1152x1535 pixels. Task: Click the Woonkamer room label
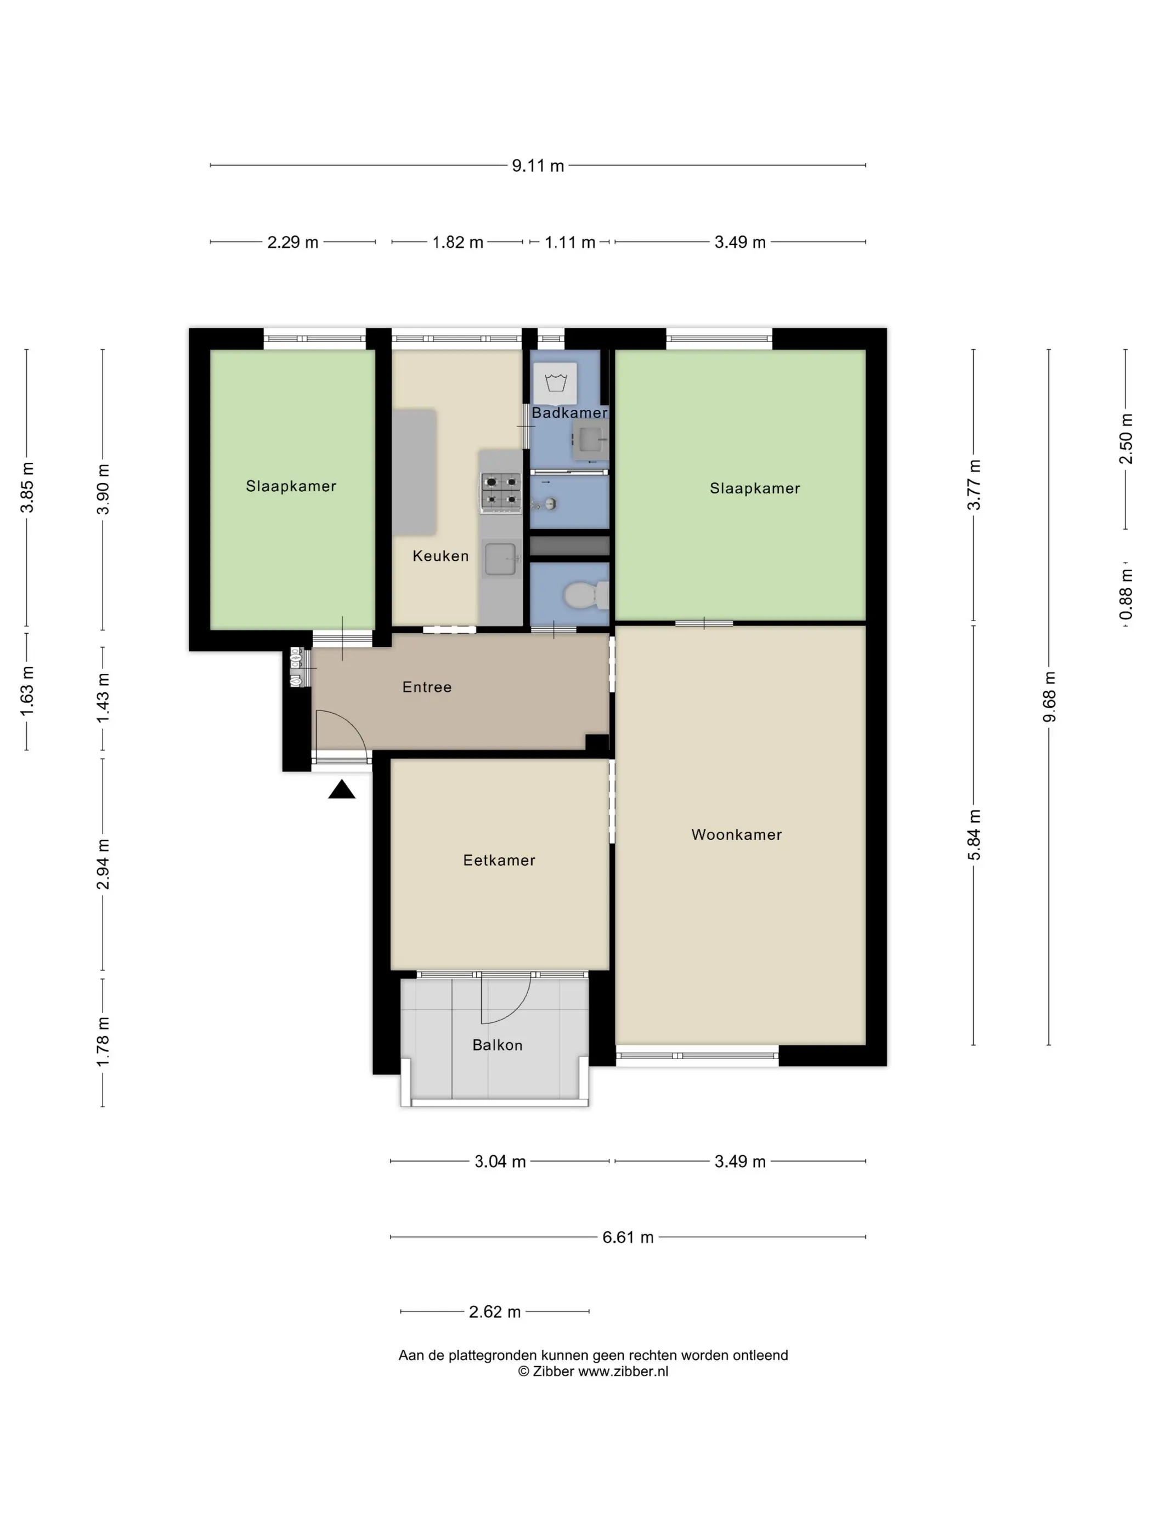point(736,835)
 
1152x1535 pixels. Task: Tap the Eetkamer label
point(499,861)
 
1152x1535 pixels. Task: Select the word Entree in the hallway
point(427,687)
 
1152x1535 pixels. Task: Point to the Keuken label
point(441,556)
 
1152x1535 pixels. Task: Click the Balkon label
point(497,1045)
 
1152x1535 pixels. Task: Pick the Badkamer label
point(569,413)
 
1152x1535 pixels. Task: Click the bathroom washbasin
point(590,439)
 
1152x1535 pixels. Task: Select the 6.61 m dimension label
point(628,1237)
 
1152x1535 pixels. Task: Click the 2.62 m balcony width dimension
point(494,1311)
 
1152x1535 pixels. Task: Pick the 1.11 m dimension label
point(569,242)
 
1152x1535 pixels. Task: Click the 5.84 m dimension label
point(974,834)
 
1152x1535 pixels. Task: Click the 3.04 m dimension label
point(500,1162)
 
